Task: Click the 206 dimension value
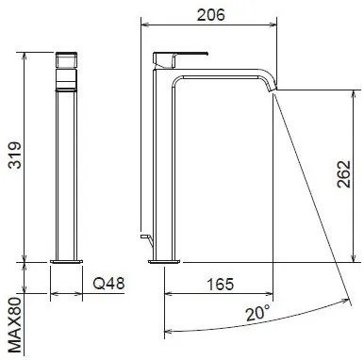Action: (x=211, y=15)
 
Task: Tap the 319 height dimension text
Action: (x=15, y=155)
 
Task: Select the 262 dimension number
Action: (x=343, y=174)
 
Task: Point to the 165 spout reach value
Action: (x=221, y=285)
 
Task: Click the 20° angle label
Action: (x=257, y=313)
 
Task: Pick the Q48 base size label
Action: (x=108, y=284)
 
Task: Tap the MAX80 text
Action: (x=15, y=325)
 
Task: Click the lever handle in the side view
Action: (x=180, y=59)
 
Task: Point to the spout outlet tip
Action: (x=272, y=90)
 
